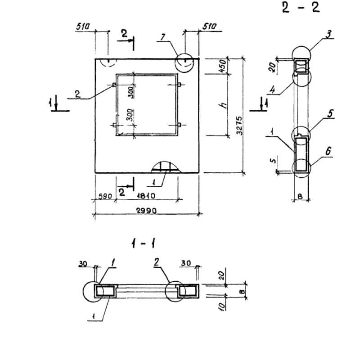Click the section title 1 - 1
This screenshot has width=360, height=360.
click(x=144, y=244)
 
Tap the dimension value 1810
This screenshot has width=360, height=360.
click(x=147, y=196)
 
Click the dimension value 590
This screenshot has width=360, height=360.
click(x=105, y=196)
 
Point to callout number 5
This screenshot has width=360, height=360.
click(x=330, y=114)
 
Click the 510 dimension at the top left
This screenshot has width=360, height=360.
click(x=83, y=27)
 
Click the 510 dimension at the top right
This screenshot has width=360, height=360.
click(x=210, y=27)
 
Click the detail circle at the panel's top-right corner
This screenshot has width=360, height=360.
click(x=185, y=62)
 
